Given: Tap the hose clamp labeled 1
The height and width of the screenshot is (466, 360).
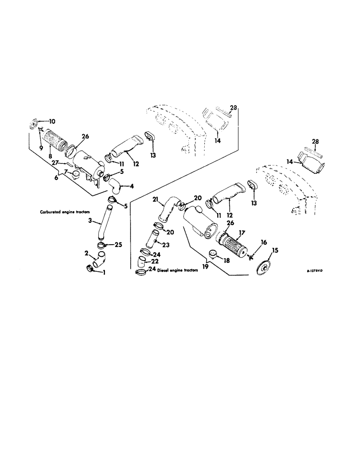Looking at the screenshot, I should [90, 269].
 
